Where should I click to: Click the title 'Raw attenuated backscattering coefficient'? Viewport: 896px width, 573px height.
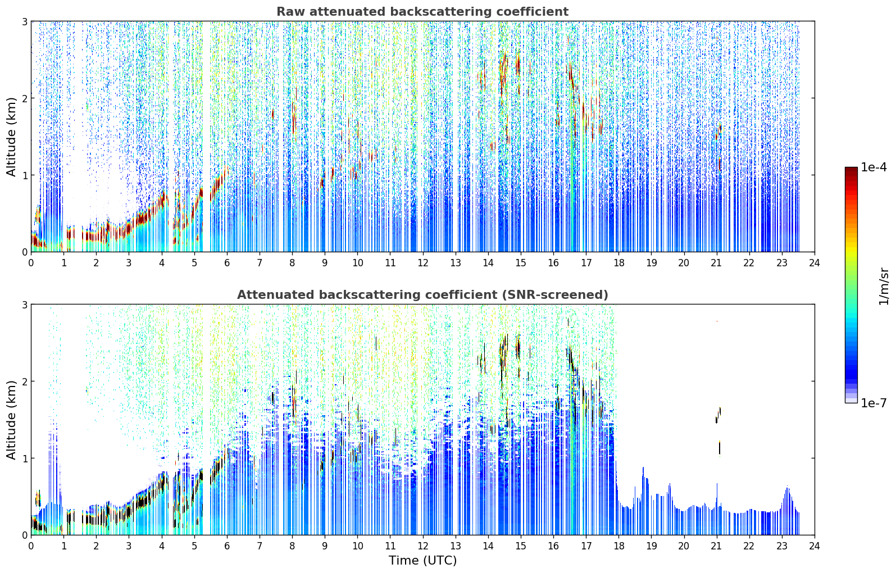tap(422, 12)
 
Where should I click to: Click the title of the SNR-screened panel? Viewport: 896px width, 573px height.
tap(422, 295)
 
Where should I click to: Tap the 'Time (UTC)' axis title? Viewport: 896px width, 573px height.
tap(422, 560)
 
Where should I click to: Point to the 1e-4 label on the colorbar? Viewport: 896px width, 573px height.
tap(874, 167)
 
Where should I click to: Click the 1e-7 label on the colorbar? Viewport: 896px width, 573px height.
tap(874, 403)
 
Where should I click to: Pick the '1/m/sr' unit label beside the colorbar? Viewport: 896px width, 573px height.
tap(884, 286)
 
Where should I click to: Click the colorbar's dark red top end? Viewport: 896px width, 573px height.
tap(851, 169)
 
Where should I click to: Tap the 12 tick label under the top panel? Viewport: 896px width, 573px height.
tap(423, 263)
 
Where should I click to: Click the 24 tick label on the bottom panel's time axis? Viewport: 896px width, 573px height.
tap(815, 546)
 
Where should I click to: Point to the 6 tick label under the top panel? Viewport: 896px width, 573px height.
tap(227, 263)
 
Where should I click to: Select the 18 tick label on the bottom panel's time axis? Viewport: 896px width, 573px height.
tap(619, 546)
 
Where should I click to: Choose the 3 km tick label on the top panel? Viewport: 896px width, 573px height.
tap(24, 21)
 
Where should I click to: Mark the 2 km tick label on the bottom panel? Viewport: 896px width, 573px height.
tap(24, 381)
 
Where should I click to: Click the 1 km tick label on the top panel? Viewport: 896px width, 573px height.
tap(24, 175)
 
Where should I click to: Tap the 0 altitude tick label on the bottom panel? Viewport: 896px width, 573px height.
tap(24, 535)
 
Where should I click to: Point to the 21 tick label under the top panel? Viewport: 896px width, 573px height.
tap(716, 263)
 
